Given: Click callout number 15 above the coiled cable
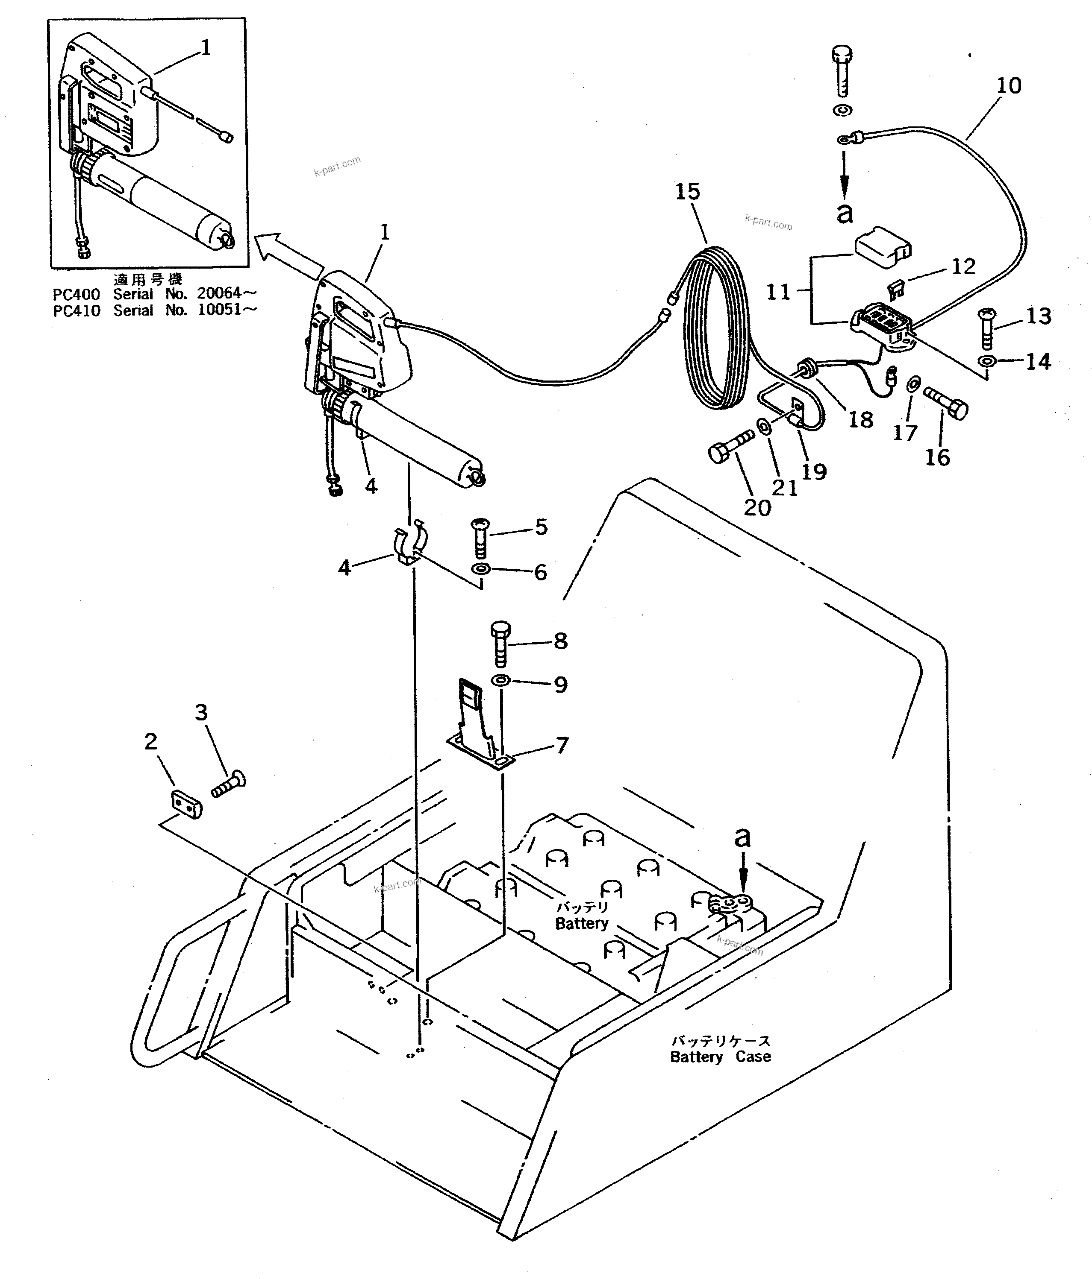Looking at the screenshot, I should click(x=687, y=192).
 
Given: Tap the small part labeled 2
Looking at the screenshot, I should click(x=186, y=804).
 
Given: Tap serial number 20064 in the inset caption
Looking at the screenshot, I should click(x=218, y=293).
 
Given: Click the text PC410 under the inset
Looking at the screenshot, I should click(x=76, y=310).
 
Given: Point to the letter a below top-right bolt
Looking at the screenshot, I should click(x=845, y=213).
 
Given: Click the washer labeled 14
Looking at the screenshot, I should click(x=986, y=361).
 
